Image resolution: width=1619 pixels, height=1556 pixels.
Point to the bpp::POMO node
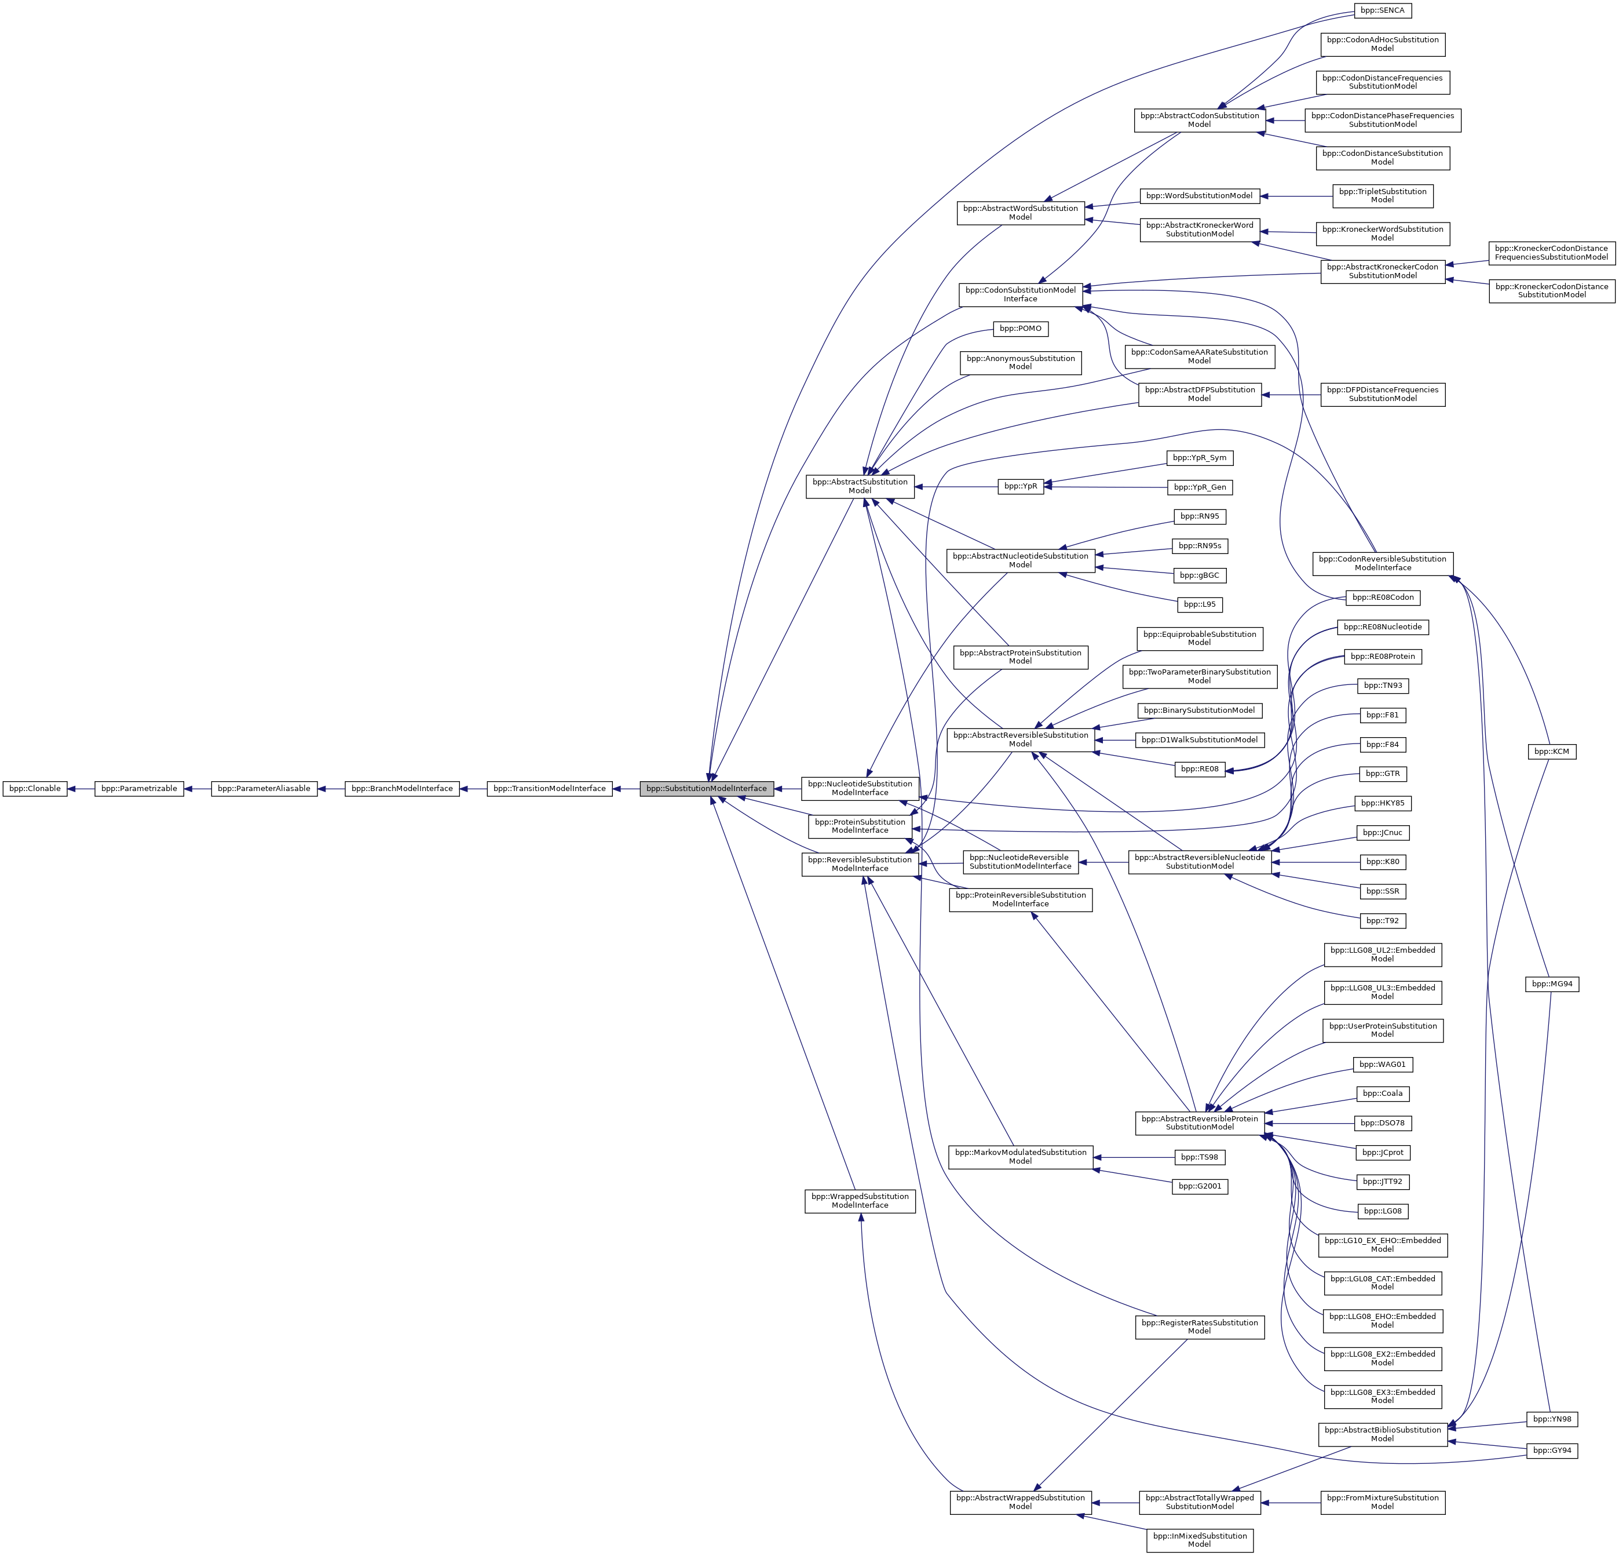(x=1020, y=329)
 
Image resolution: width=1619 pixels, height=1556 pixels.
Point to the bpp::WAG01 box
(x=1382, y=1065)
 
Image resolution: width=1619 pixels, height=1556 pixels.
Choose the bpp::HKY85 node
(x=1382, y=803)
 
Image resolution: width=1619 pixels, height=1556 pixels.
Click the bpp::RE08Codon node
(x=1383, y=597)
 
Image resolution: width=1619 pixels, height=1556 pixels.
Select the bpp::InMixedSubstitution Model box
(x=1200, y=1539)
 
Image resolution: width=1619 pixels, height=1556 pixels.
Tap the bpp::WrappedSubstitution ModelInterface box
(x=860, y=1201)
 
